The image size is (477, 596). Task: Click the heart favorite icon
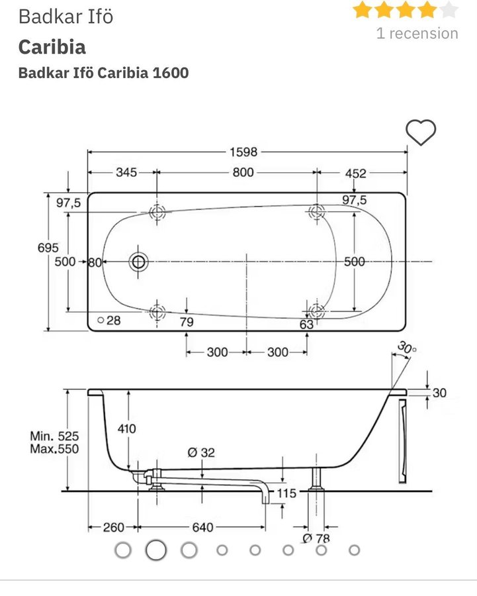click(421, 132)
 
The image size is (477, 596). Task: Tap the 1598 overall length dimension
click(243, 152)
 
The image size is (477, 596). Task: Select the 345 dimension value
click(126, 173)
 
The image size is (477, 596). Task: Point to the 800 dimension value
click(243, 173)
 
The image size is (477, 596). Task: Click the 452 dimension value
click(355, 173)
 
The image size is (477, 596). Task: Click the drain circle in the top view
click(139, 262)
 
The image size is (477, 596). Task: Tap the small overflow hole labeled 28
click(101, 320)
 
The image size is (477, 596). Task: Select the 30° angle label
click(407, 347)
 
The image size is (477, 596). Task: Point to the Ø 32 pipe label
click(201, 452)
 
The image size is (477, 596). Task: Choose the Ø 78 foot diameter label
click(316, 538)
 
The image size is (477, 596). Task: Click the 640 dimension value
click(202, 527)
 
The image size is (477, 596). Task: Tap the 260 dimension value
click(114, 527)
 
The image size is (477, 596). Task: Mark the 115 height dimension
click(286, 493)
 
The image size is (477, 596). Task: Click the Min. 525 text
click(54, 436)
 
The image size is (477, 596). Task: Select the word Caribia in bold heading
click(52, 47)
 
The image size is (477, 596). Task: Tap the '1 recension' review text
click(417, 33)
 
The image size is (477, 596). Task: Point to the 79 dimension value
click(187, 323)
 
